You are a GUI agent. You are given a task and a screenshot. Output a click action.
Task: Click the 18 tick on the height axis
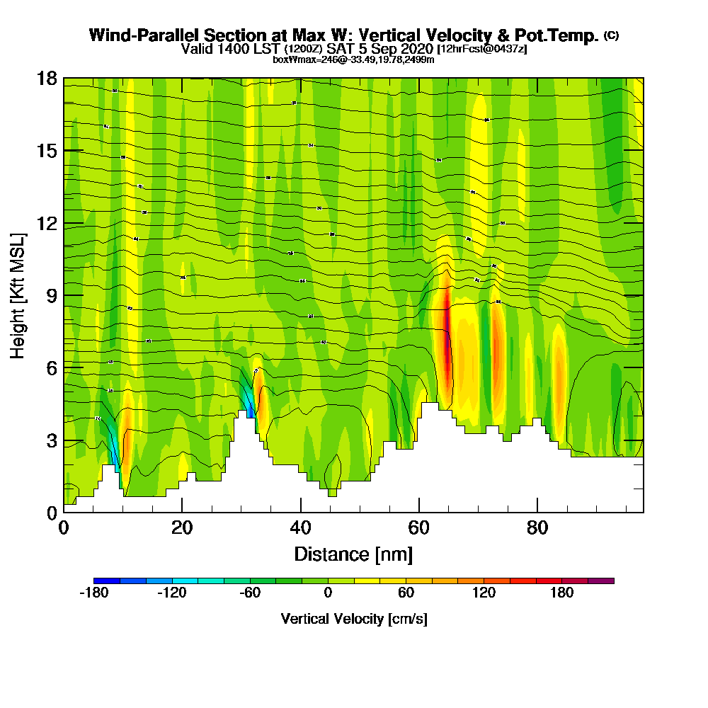pyautogui.click(x=64, y=78)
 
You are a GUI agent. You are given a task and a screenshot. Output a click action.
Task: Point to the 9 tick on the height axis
pyautogui.click(x=64, y=295)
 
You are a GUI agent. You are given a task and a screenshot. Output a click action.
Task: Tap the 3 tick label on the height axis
pyautogui.click(x=51, y=440)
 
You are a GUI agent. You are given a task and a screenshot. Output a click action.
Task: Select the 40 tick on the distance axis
pyautogui.click(x=301, y=512)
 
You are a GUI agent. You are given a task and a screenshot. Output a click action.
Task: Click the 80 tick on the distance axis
pyautogui.click(x=538, y=512)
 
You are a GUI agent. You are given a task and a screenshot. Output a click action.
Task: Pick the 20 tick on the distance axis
pyautogui.click(x=182, y=512)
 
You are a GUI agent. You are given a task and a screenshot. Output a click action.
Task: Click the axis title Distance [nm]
pyautogui.click(x=353, y=554)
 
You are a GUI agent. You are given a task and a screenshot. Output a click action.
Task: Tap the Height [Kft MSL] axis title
pyautogui.click(x=18, y=295)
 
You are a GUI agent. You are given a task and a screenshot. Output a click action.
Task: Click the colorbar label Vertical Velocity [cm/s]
pyautogui.click(x=353, y=619)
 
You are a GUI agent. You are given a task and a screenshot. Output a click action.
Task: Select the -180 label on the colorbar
pyautogui.click(x=93, y=593)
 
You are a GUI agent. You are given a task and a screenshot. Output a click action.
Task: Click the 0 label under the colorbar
pyautogui.click(x=328, y=593)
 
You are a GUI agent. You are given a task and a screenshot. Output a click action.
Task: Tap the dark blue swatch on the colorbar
pyautogui.click(x=106, y=581)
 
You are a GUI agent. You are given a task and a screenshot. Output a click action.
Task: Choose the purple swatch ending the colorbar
pyautogui.click(x=601, y=581)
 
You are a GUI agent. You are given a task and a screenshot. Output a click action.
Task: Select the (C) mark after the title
pyautogui.click(x=611, y=35)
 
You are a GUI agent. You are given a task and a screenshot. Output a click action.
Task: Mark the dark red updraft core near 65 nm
pyautogui.click(x=447, y=333)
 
